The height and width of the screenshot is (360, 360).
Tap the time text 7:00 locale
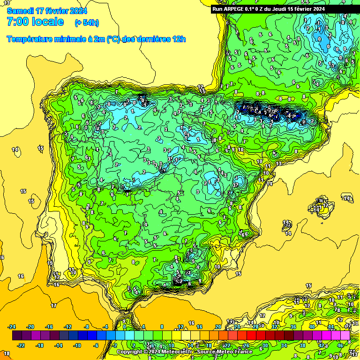tap(36, 22)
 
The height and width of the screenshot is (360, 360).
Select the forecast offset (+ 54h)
tap(87, 22)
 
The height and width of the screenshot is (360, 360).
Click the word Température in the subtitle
tap(29, 39)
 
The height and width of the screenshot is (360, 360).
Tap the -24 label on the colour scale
tap(12, 327)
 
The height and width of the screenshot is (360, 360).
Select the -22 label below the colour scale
tap(22, 345)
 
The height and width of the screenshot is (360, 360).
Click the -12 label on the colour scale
tap(68, 327)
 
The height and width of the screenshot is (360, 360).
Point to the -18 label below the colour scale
tap(40, 345)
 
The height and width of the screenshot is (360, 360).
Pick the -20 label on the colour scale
tap(30, 327)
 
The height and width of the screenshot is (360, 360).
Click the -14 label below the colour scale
tap(59, 345)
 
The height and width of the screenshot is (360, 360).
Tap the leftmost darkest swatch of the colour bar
tap(17, 336)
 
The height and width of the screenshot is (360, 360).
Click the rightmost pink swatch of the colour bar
tap(345, 336)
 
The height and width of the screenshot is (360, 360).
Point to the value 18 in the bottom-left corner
tap(7, 353)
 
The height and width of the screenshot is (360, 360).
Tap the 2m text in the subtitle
tap(99, 39)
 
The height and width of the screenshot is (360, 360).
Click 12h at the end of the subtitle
tap(179, 39)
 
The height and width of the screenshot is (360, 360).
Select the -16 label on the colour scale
tap(49, 327)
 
